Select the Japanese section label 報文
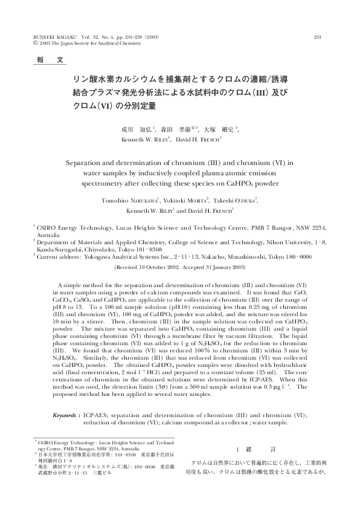point(46,61)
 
